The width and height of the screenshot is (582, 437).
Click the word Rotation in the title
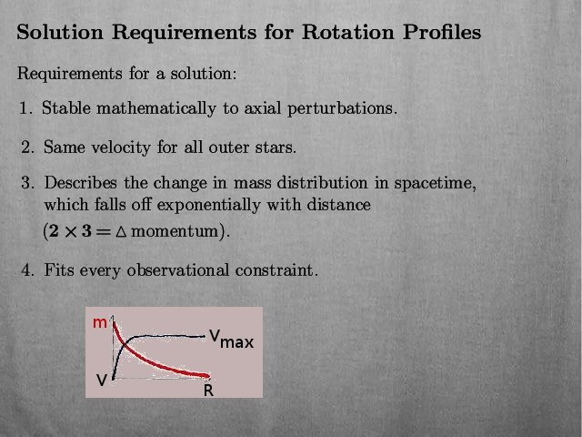pos(347,32)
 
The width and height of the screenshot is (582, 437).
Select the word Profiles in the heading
pos(442,32)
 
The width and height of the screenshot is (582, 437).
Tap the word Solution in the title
pos(60,32)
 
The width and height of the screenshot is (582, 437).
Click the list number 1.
pos(25,108)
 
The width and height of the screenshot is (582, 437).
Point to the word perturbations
pos(342,108)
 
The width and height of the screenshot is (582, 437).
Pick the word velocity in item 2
pos(121,147)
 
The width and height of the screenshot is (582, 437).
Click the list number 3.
pos(27,183)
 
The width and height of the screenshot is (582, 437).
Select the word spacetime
pos(435,183)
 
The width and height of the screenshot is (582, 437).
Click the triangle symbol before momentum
pos(121,232)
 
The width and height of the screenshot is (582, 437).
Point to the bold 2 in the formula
pos(54,231)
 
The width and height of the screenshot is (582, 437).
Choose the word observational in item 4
pos(178,270)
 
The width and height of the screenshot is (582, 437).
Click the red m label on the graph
pos(100,323)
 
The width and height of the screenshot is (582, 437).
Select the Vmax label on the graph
pos(232,339)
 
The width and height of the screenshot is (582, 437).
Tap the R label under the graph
pos(208,391)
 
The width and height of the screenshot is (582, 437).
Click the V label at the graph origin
pos(102,380)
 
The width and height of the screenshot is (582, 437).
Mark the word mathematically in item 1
pos(156,108)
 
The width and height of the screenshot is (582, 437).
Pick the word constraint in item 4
pos(276,270)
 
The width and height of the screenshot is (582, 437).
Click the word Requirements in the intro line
pos(69,73)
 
